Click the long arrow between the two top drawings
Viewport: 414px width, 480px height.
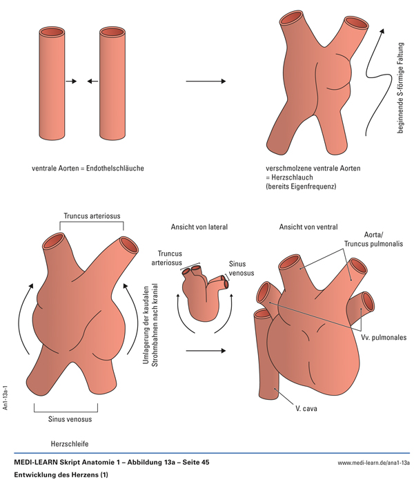[x=206, y=81]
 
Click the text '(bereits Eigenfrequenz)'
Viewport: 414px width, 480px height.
[x=302, y=186]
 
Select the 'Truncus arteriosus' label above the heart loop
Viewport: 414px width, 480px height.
[x=90, y=215]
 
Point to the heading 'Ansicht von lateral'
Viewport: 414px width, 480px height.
[x=199, y=227]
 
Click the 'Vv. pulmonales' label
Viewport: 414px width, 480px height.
[x=382, y=338]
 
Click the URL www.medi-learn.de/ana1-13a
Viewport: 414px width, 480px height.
[x=373, y=461]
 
